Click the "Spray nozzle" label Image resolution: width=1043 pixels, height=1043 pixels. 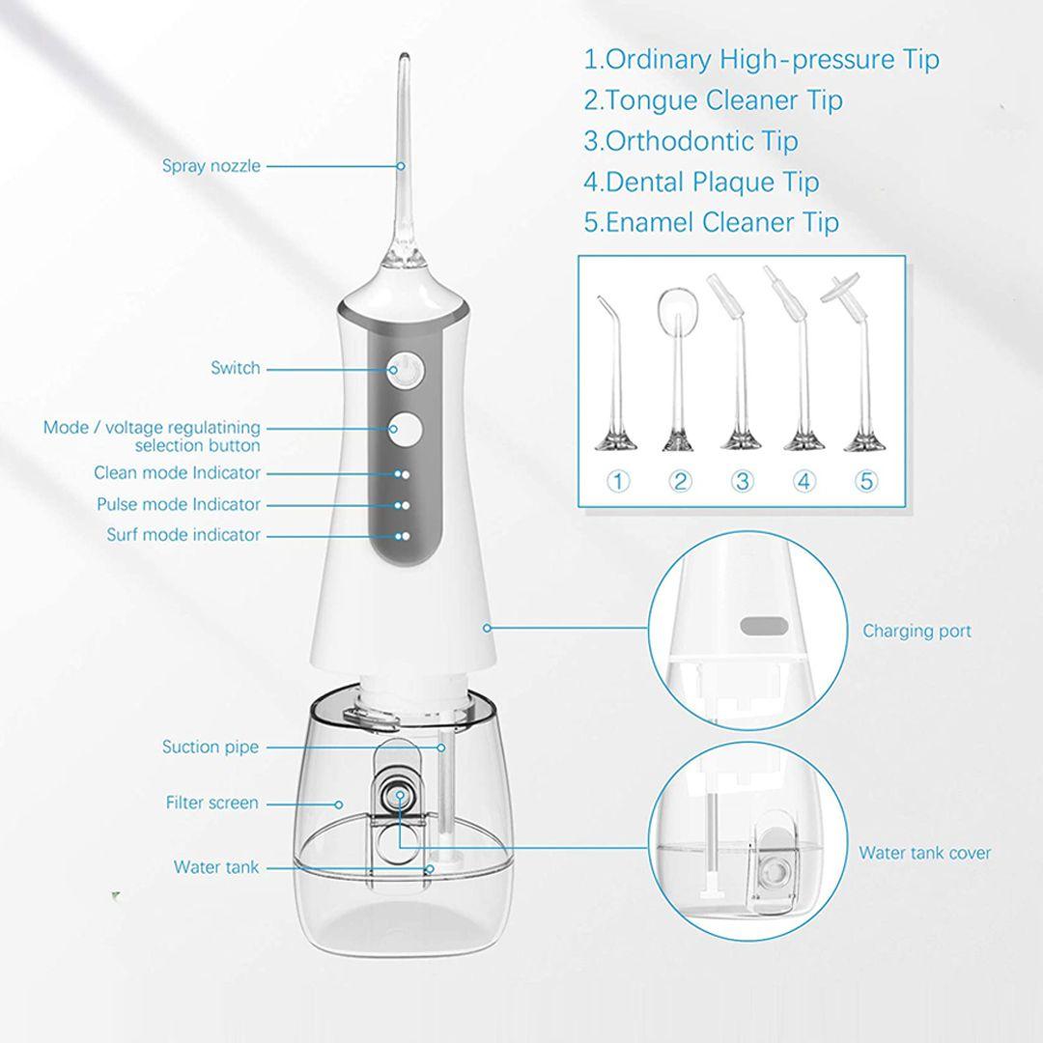click(211, 166)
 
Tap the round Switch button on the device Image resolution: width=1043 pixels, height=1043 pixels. click(406, 369)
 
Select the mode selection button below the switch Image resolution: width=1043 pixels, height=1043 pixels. click(406, 430)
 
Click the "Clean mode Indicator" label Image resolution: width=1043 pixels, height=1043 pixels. click(177, 473)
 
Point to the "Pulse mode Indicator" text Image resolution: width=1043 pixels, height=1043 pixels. click(179, 504)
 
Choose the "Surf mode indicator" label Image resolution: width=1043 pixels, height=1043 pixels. click(183, 535)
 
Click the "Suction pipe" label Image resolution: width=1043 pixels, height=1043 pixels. click(211, 747)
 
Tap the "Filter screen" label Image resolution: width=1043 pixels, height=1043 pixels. click(212, 803)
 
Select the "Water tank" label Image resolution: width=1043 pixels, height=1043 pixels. click(216, 867)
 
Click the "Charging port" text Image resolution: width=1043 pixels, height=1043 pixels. click(916, 631)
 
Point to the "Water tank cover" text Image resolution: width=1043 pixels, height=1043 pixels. click(924, 853)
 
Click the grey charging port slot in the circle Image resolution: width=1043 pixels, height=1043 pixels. click(764, 626)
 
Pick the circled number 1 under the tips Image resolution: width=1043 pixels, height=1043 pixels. click(618, 481)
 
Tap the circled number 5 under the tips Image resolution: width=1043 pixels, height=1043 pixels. click(866, 481)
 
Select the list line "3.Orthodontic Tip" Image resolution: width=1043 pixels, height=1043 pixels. click(691, 141)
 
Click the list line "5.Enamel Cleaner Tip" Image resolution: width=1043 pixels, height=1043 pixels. click(711, 222)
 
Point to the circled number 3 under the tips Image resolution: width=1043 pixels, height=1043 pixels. click(742, 481)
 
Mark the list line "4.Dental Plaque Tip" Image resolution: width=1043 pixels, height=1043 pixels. click(701, 182)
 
